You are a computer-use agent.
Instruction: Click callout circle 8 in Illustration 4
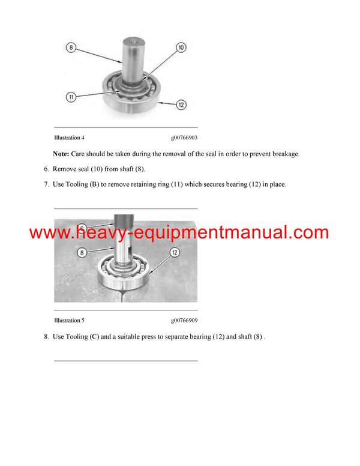(71, 48)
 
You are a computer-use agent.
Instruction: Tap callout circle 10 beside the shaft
(181, 47)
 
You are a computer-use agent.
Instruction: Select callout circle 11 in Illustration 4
(71, 96)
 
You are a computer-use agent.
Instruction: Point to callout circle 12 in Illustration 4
(181, 104)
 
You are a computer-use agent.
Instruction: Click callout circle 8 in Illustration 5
(82, 253)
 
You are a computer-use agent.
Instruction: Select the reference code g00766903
(184, 138)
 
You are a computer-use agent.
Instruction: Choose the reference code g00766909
(184, 321)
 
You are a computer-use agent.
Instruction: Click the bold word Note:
(61, 154)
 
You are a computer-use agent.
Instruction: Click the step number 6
(46, 169)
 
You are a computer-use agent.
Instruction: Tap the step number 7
(46, 184)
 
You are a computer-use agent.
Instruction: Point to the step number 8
(46, 337)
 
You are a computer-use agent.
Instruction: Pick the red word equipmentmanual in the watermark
(227, 233)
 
